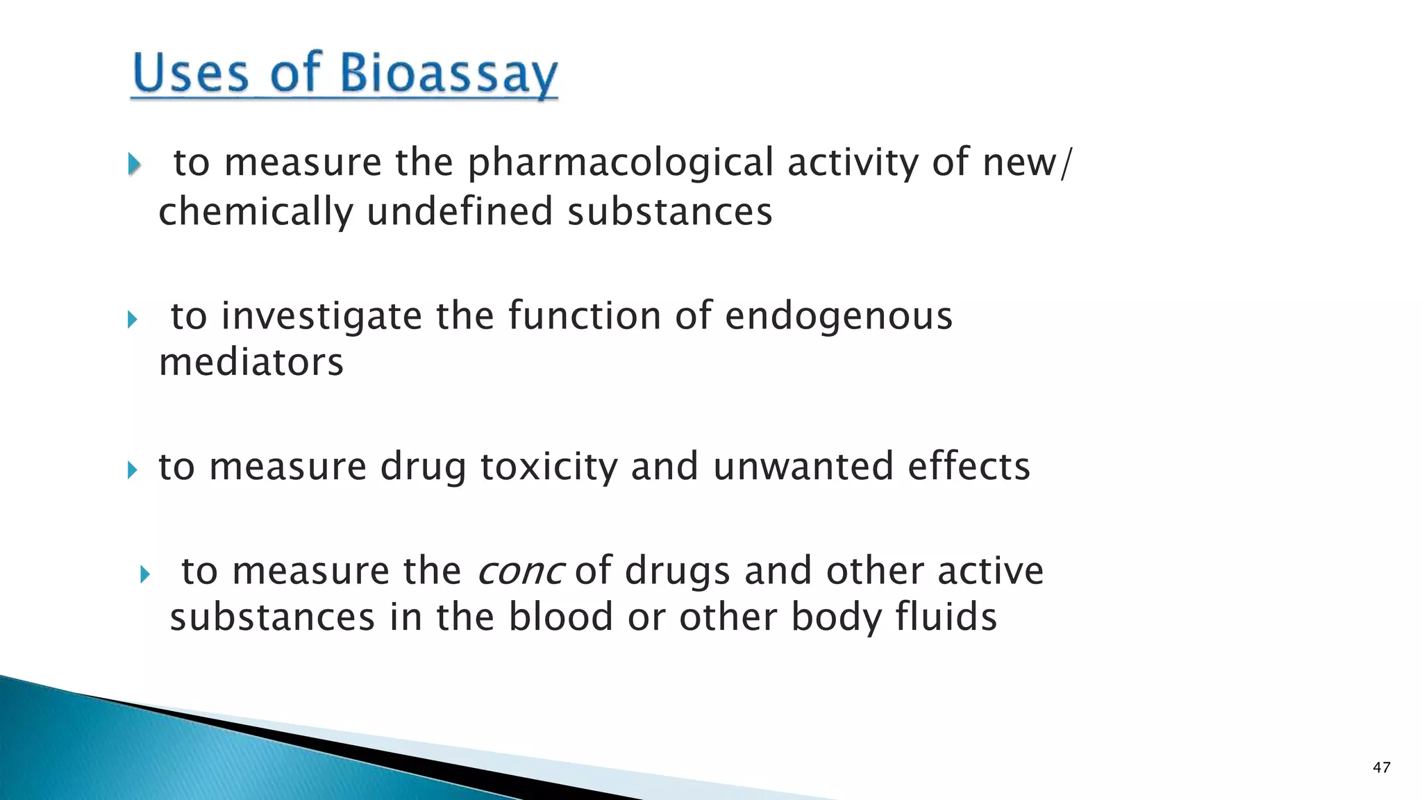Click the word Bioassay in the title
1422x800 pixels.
tap(449, 74)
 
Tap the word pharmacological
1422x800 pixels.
tap(620, 164)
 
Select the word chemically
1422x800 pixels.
tap(256, 212)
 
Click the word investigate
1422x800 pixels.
tap(321, 317)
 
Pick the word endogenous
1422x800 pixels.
tap(839, 317)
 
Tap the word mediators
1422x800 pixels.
tap(251, 362)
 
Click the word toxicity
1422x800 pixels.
tap(549, 467)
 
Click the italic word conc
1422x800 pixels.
tap(520, 572)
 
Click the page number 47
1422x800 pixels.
tap(1381, 767)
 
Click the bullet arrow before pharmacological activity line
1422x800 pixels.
tap(135, 165)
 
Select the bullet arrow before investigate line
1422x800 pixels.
tap(133, 319)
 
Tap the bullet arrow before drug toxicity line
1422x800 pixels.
tap(133, 470)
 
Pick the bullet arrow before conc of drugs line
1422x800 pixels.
tap(144, 574)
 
